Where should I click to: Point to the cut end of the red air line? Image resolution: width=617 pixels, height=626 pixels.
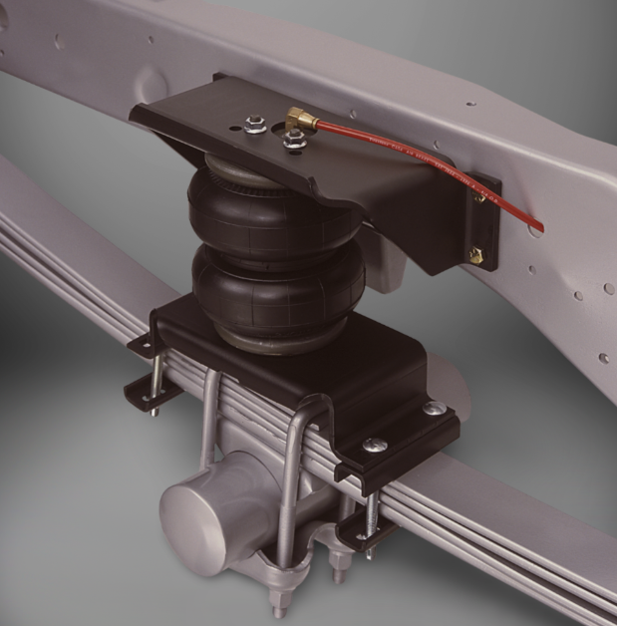(x=539, y=227)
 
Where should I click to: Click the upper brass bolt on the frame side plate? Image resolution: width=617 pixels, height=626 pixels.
(x=480, y=197)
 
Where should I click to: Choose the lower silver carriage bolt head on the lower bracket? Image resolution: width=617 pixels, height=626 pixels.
(x=374, y=445)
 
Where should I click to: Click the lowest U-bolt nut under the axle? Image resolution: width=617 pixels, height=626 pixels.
(x=280, y=603)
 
